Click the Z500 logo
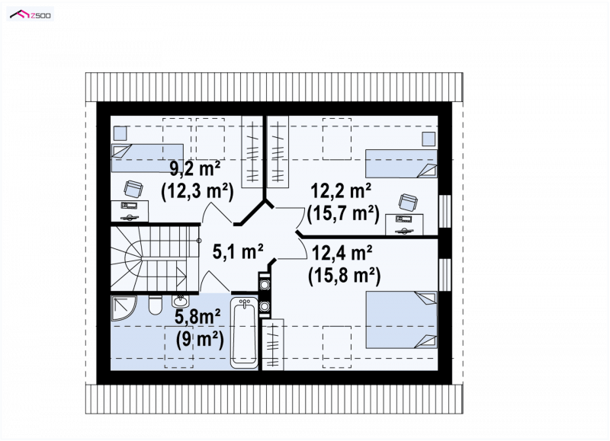30,14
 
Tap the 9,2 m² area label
195,168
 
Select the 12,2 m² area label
341,191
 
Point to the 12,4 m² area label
342,253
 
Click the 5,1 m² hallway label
238,251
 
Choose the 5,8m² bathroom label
197,317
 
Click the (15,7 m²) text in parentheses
343,213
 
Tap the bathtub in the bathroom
244,333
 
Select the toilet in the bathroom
156,305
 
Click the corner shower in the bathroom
123,308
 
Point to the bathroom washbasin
179,301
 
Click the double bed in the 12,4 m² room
402,320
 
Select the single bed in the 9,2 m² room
147,158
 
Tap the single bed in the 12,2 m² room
401,164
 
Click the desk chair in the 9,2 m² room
133,190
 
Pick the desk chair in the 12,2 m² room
408,203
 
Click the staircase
155,258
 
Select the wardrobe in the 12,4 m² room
273,344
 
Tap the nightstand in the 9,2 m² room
120,133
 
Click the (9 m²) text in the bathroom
200,339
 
